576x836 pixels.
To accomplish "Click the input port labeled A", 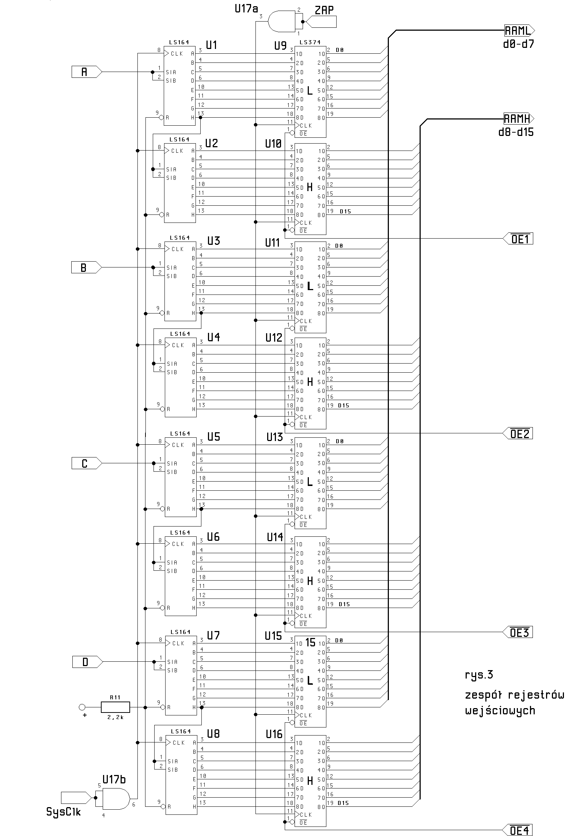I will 86,72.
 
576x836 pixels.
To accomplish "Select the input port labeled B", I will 85,267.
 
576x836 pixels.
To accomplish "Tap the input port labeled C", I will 86,463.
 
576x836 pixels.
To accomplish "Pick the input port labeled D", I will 87,662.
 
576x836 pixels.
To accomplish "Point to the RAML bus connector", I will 519,30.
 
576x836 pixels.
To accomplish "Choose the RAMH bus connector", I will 518,119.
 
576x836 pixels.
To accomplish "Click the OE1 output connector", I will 519,239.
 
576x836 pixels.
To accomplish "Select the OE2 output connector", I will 519,434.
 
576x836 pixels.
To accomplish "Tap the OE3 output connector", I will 519,632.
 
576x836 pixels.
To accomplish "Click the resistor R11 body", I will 115,707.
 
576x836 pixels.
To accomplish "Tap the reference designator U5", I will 214,437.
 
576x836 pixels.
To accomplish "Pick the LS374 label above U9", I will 310,42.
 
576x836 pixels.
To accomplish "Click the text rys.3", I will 479,675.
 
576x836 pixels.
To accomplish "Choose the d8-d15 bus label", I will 516,132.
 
